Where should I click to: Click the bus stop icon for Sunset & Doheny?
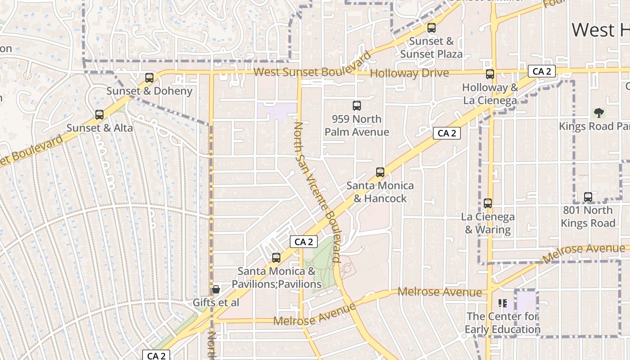pos(149,78)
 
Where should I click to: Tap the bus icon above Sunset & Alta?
pos(99,115)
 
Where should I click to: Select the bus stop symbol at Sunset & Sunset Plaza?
pos(432,28)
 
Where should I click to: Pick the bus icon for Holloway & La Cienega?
pos(490,74)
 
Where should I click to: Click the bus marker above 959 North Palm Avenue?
pos(357,106)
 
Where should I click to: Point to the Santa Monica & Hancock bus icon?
pos(380,172)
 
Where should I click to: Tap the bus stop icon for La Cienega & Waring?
pos(488,203)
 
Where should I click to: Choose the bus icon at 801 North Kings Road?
pos(588,197)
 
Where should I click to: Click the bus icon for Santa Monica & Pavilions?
pos(276,258)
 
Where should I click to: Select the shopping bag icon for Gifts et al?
pos(216,289)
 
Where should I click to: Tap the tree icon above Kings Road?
pos(598,112)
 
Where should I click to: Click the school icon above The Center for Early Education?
pos(503,303)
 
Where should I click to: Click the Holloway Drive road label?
pos(409,73)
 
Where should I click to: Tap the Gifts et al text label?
pos(216,302)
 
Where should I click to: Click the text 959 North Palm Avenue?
pos(357,126)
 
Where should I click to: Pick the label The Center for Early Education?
pos(503,323)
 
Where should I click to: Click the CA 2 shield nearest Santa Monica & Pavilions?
pos(304,242)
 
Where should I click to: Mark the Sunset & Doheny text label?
pos(149,91)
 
